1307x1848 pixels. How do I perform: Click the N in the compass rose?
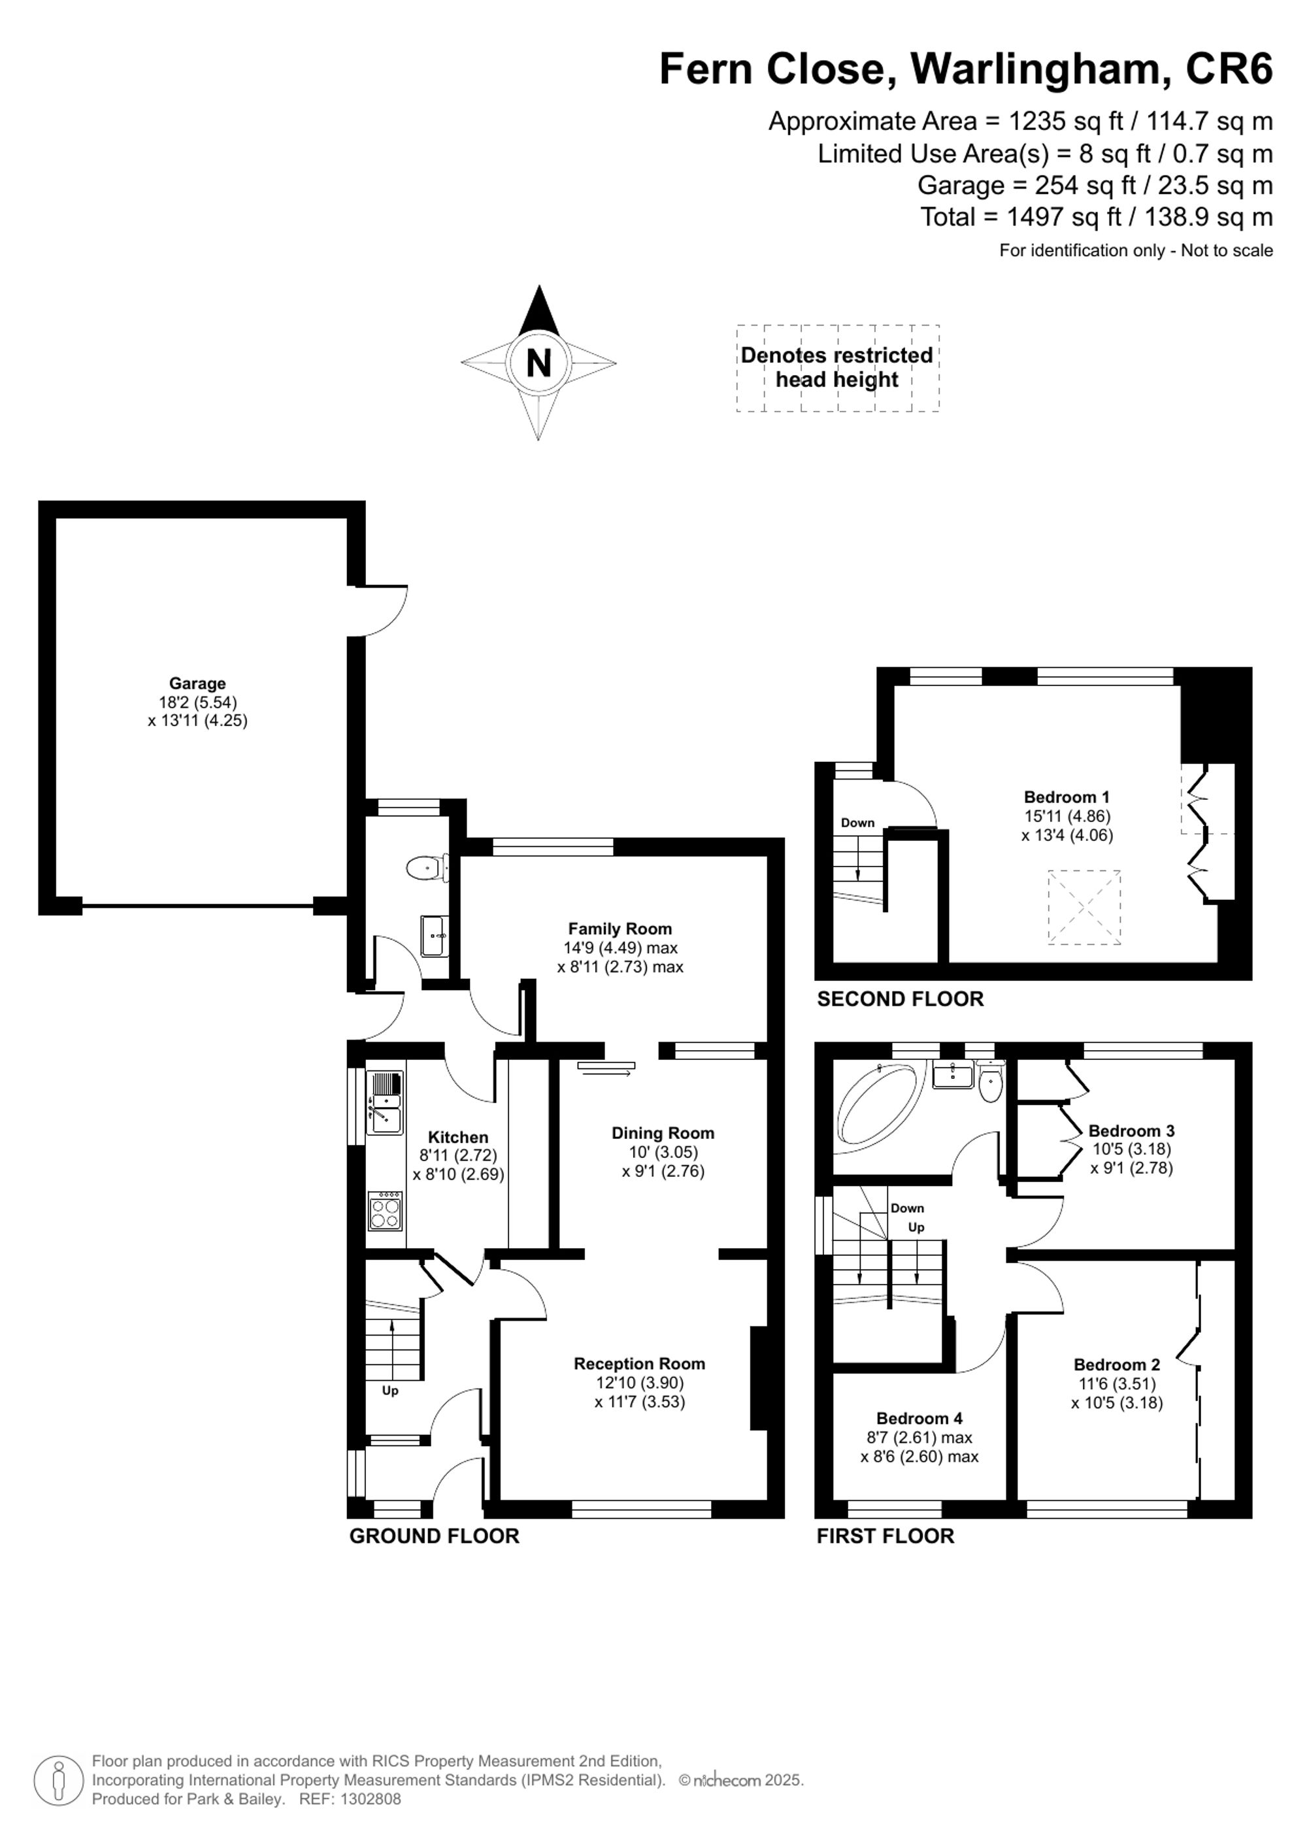pyautogui.click(x=538, y=363)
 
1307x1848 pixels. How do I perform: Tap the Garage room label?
pyautogui.click(x=197, y=684)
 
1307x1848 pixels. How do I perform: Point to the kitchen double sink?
pyautogui.click(x=385, y=1104)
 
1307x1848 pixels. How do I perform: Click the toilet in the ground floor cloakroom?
pyautogui.click(x=425, y=868)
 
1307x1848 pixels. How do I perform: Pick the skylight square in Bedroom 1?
pyautogui.click(x=1084, y=906)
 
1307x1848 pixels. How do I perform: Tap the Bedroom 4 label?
pyautogui.click(x=919, y=1418)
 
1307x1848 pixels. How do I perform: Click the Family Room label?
pyautogui.click(x=620, y=928)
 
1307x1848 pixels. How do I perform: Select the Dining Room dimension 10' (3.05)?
pyautogui.click(x=663, y=1152)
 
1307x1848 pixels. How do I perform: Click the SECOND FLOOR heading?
pyautogui.click(x=900, y=999)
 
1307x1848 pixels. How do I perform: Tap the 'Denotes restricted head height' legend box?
pyautogui.click(x=837, y=368)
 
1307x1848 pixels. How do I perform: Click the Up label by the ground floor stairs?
pyautogui.click(x=390, y=1391)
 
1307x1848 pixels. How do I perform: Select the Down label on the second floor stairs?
pyautogui.click(x=857, y=823)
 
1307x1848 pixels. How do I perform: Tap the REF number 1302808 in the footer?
pyautogui.click(x=371, y=1799)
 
